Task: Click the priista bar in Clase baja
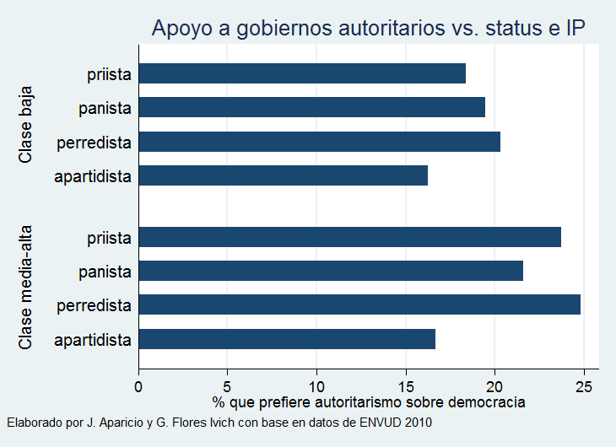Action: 302,73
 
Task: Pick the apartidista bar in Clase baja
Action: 283,175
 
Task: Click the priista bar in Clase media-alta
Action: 349,237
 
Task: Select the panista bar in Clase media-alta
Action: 331,271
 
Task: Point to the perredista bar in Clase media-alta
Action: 359,304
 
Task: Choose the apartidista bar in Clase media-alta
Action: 287,339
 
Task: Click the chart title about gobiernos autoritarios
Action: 369,28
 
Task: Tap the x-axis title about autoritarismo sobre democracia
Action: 369,402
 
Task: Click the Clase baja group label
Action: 25,124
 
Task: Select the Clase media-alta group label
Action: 25,288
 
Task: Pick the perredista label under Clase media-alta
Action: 94,305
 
